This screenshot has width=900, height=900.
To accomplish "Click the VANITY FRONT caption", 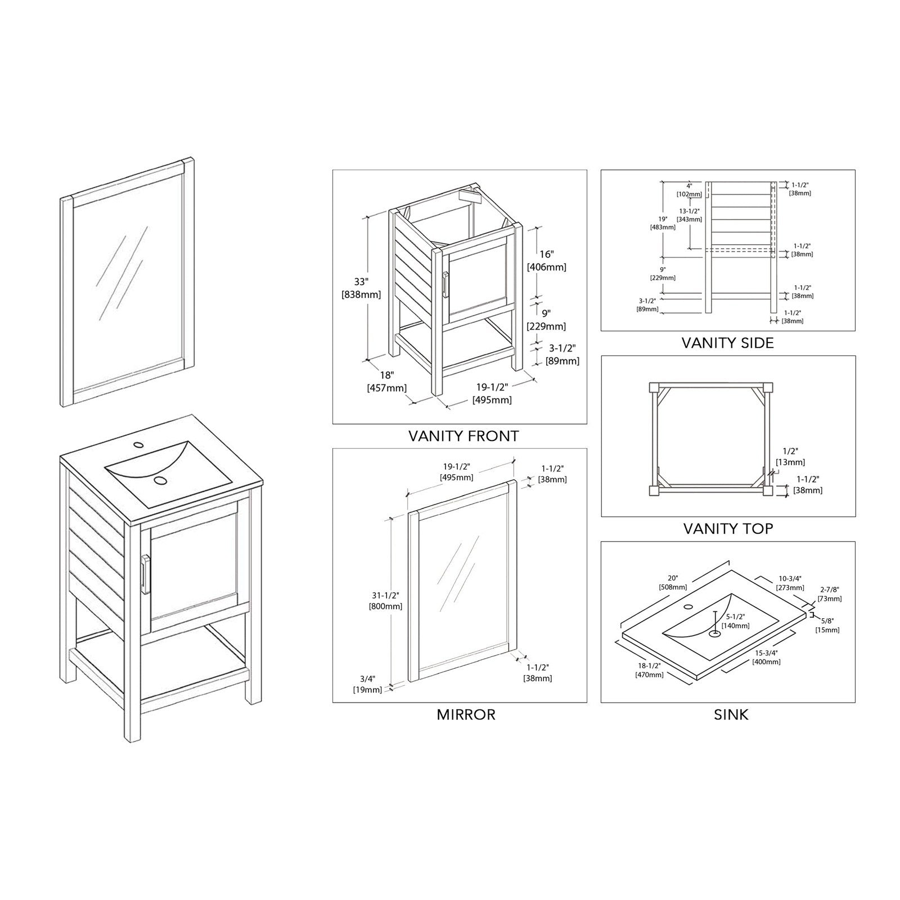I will (463, 436).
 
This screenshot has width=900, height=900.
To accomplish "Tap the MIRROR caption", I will (466, 715).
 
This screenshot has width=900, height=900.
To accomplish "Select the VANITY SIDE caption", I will (727, 343).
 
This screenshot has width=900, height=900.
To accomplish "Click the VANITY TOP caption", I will (728, 529).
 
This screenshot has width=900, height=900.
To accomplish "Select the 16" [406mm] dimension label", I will (546, 260).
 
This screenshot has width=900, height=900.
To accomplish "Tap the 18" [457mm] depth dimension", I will (386, 381).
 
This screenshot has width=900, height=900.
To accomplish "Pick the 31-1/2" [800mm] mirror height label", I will (385, 601).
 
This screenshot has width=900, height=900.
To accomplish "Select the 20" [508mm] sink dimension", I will (673, 582).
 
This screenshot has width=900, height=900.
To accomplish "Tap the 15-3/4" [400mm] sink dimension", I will (767, 657).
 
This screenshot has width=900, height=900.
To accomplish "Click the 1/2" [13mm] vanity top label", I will (790, 457).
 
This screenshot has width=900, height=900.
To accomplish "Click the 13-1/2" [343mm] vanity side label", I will (689, 215).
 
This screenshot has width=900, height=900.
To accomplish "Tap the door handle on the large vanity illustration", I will (146, 574).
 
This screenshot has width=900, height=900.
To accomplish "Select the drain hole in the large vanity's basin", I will (161, 480).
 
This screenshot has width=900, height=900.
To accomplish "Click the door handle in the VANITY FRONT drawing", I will (445, 285).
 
